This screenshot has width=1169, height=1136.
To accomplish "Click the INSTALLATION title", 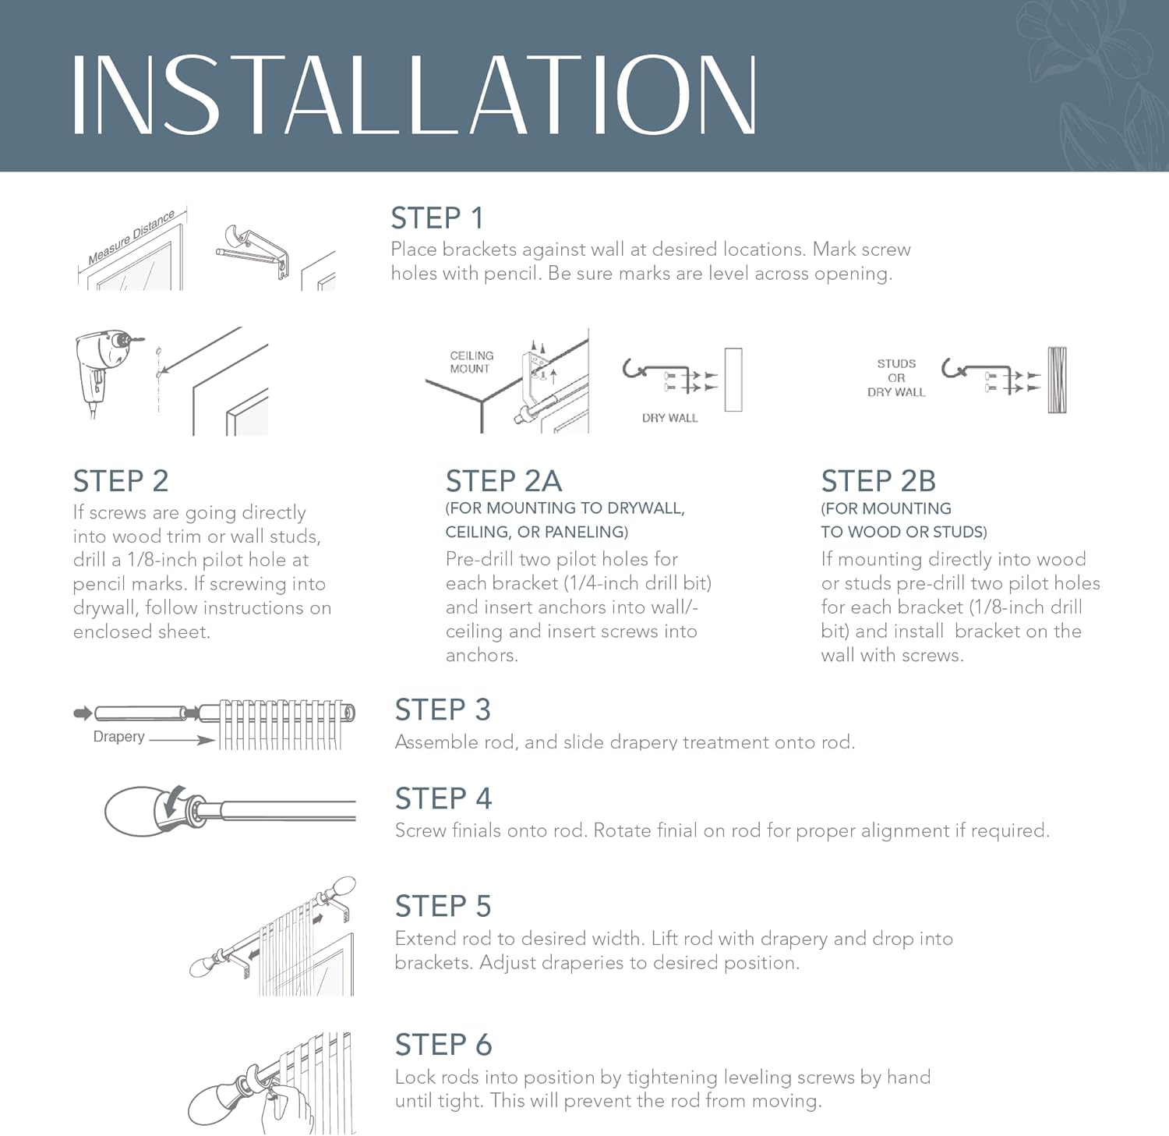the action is tap(414, 95).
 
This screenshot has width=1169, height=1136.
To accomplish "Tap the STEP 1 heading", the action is tap(437, 218).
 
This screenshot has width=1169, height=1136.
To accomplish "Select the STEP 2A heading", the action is tap(503, 481).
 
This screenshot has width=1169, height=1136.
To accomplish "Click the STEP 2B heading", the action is tap(878, 481).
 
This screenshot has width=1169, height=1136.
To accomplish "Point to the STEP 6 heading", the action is tap(443, 1045).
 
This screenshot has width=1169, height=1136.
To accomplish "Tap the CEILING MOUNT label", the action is tap(471, 362).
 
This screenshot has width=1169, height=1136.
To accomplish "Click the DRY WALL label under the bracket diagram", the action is tap(669, 418).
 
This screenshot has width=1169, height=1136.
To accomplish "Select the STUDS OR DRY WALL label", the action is tap(896, 377).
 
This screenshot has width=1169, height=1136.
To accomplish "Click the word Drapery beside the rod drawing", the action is tap(118, 737).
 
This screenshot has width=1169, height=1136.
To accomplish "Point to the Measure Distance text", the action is tap(131, 237).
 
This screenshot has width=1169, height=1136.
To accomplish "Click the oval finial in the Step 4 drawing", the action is tap(134, 812).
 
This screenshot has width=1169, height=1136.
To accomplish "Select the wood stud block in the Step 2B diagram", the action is tap(1057, 380).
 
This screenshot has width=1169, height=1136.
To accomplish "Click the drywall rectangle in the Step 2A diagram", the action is tap(733, 380).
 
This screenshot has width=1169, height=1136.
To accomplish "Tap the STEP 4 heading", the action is tap(443, 799).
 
